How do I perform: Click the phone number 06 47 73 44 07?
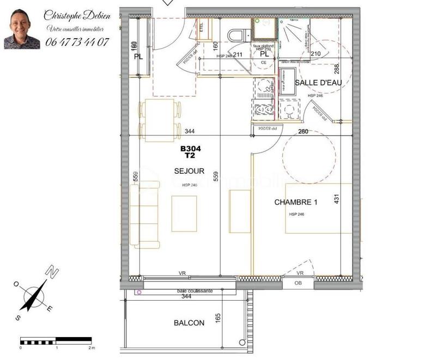tap(77, 41)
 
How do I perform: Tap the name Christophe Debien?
tap(77, 16)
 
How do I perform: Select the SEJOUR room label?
tap(189, 171)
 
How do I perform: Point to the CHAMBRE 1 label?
tap(295, 202)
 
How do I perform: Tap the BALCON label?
tap(189, 323)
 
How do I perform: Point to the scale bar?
tap(56, 341)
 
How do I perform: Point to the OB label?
tap(298, 283)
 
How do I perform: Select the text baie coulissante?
tap(187, 291)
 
